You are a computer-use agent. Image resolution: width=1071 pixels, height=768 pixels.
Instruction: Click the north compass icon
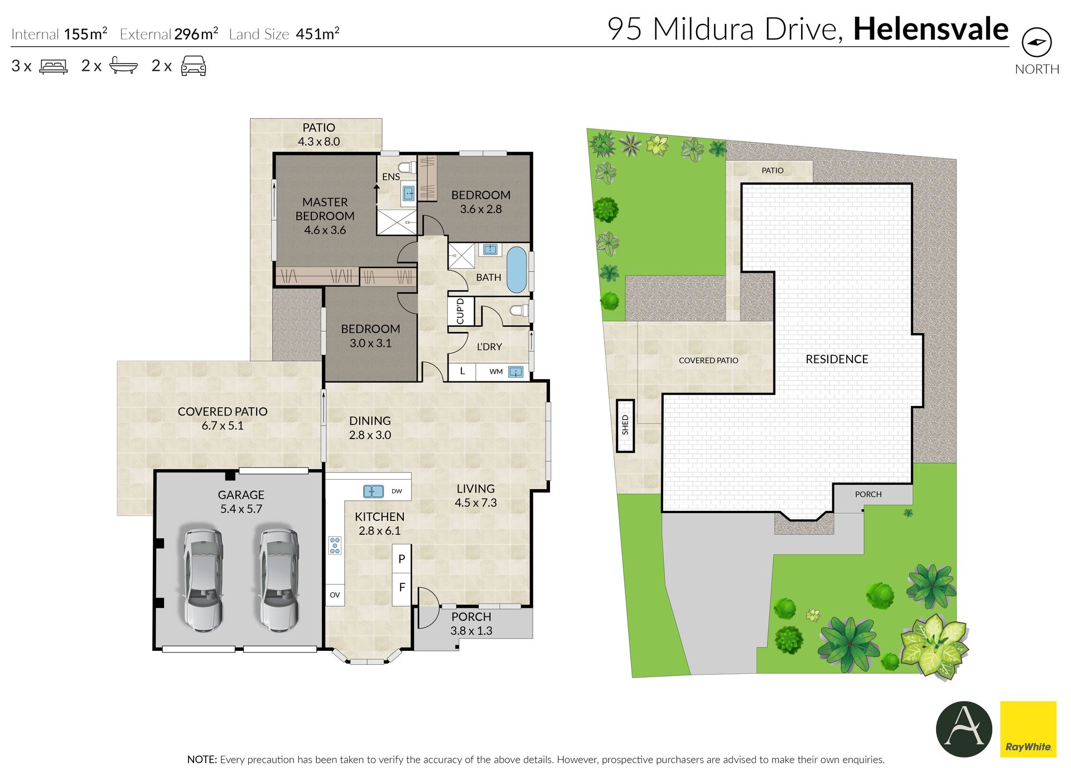tap(1036, 42)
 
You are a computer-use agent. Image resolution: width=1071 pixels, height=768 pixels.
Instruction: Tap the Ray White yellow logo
tap(1028, 729)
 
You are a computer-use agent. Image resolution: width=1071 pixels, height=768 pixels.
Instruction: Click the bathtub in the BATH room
tap(517, 270)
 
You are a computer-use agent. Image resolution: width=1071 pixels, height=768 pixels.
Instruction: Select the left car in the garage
tap(203, 581)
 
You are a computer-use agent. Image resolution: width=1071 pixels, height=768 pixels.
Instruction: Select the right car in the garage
tap(278, 581)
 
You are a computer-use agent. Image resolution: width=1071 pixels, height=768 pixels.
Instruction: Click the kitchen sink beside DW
tap(373, 491)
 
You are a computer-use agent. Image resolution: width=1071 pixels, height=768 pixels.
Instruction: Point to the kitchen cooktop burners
tap(335, 545)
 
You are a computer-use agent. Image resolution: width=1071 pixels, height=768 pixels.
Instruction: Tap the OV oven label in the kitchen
tap(335, 595)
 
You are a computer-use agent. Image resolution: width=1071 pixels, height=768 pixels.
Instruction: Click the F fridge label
tap(402, 587)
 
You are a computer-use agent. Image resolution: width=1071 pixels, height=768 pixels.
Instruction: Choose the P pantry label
tap(402, 559)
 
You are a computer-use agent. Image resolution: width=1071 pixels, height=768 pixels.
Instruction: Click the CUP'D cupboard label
tap(460, 311)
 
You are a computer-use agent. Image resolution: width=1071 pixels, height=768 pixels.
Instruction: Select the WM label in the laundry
tap(496, 371)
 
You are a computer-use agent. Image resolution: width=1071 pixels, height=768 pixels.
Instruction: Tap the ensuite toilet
tap(408, 167)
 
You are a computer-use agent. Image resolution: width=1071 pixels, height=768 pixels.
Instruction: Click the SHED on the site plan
tap(625, 425)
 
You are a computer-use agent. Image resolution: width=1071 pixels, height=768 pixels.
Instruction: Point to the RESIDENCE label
tap(837, 359)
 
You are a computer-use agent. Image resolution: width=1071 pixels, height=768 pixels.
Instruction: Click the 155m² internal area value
tap(85, 33)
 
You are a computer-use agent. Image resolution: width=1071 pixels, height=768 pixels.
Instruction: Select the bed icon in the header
tap(54, 66)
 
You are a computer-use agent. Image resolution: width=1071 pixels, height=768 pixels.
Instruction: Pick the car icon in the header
tap(194, 65)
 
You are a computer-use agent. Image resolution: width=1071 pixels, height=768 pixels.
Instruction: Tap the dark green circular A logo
tap(964, 729)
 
